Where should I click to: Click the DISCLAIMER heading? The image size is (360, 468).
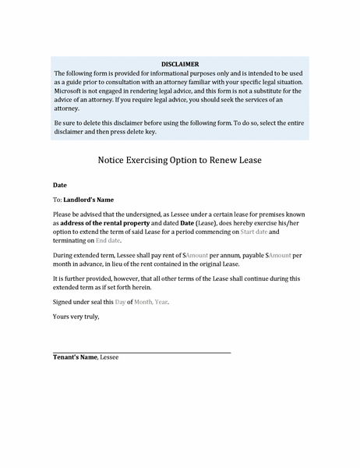tap(179, 63)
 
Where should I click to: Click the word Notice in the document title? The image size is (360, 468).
tap(115, 160)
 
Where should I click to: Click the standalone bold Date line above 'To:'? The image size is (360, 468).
tap(60, 186)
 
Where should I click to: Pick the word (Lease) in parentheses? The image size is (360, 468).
tap(203, 222)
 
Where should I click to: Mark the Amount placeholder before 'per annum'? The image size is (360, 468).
tap(195, 255)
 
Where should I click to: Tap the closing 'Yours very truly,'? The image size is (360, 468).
tap(76, 317)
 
